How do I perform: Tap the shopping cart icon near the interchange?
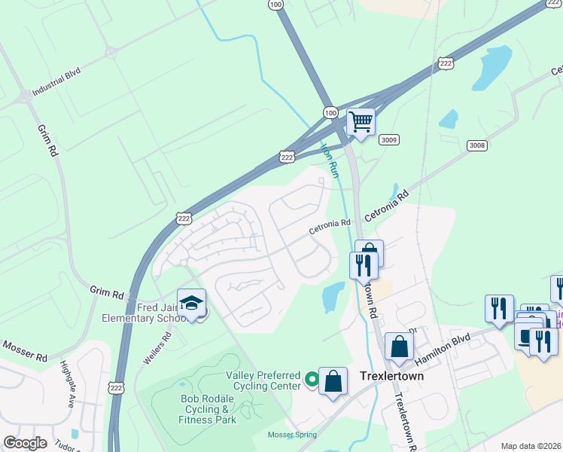361,121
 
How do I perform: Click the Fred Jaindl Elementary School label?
146,313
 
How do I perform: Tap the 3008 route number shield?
476,145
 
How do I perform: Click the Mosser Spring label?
292,435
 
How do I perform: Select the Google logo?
24,443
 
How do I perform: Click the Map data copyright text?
530,446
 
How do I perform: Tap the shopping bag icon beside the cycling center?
333,380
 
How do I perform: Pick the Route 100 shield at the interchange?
330,112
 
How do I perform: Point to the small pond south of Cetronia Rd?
332,297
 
